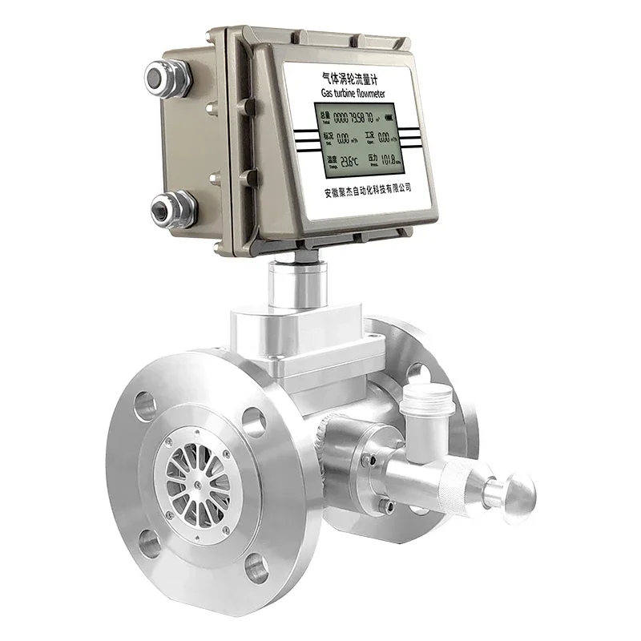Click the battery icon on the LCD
pos(389,117)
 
